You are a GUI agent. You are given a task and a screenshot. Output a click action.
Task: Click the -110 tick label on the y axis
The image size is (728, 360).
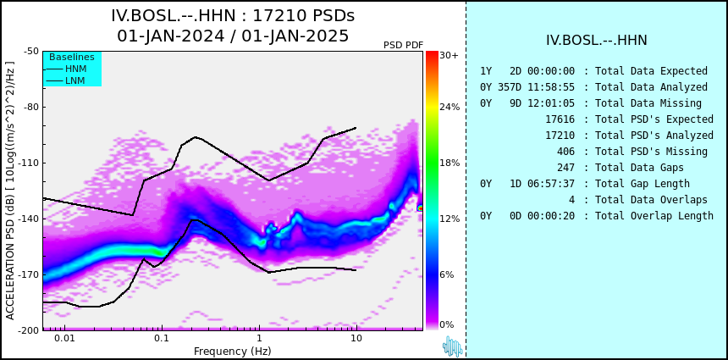coord(29,163)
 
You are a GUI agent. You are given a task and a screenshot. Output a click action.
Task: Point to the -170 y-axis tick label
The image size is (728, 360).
coord(29,274)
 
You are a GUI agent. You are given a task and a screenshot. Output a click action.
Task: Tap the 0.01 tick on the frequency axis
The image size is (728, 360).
coord(65,338)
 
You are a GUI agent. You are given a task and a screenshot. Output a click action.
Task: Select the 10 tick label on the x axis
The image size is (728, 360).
coord(356,338)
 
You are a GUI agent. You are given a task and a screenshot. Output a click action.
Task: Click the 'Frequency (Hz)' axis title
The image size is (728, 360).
coord(233,351)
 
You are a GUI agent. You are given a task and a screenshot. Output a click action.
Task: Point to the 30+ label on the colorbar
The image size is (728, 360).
coord(449,55)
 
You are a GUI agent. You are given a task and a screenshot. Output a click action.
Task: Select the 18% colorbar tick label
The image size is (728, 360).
coord(449,163)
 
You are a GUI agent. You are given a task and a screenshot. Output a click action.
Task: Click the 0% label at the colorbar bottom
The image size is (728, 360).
coord(447,324)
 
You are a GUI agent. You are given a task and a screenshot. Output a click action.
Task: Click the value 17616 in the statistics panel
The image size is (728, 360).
coord(560,119)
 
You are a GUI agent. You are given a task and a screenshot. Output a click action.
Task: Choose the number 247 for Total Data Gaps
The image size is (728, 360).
coord(565,167)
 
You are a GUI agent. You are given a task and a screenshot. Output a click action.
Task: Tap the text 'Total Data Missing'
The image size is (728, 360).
coord(648,103)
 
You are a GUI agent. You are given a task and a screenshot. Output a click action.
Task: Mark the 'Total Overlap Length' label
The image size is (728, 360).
coord(654,215)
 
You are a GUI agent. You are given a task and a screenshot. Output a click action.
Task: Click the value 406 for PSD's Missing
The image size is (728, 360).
coord(565,152)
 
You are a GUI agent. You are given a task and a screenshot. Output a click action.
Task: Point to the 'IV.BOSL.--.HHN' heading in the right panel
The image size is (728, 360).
coord(597,41)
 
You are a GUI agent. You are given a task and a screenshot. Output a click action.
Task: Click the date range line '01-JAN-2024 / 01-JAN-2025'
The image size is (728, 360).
coord(233,36)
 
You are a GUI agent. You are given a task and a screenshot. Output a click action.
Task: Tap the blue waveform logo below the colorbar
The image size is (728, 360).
coord(452,346)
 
